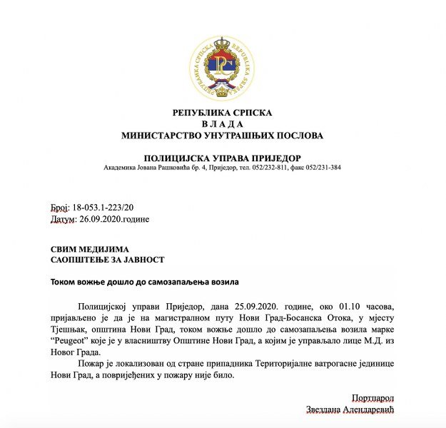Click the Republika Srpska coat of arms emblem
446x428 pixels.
point(222,68)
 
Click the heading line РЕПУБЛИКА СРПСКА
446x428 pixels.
point(222,113)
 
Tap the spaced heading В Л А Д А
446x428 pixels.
point(222,123)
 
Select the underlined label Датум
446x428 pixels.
point(63,219)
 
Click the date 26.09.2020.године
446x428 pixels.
point(114,219)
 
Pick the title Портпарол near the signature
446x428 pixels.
point(372,397)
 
